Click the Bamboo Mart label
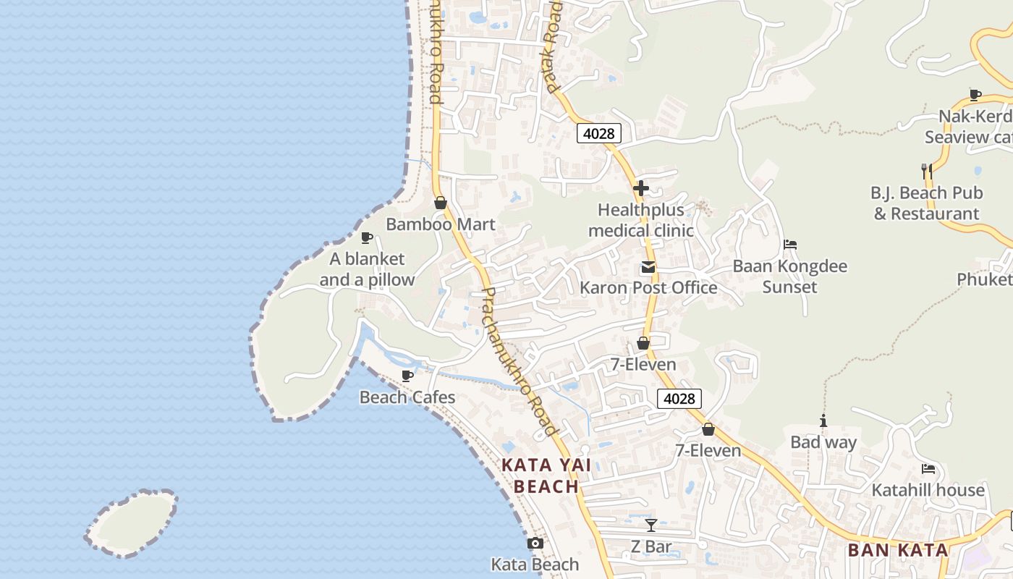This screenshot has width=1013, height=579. click(x=441, y=224)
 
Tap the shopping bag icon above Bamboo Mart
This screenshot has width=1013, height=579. click(x=440, y=203)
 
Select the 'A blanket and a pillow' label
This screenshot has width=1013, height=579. click(x=368, y=269)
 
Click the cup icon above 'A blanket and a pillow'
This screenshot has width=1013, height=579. click(x=367, y=237)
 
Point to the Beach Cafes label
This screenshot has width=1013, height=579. click(x=407, y=397)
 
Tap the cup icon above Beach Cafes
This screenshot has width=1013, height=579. click(x=407, y=376)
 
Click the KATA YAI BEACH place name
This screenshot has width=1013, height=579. click(x=546, y=476)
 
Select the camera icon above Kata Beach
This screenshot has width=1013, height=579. click(x=535, y=544)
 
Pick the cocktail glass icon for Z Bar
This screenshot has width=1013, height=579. click(x=651, y=525)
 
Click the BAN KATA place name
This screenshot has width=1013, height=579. click(x=898, y=550)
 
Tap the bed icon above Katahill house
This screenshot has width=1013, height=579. click(x=928, y=469)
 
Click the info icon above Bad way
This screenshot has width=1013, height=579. click(x=823, y=421)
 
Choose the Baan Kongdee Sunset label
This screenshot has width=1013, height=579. click(x=789, y=276)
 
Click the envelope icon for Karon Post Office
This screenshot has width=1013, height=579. click(x=648, y=268)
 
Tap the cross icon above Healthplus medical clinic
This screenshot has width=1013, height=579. click(x=640, y=188)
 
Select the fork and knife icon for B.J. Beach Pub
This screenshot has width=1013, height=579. click(x=926, y=172)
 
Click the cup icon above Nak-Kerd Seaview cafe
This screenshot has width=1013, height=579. click(x=975, y=95)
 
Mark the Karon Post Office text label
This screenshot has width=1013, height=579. click(x=648, y=288)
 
